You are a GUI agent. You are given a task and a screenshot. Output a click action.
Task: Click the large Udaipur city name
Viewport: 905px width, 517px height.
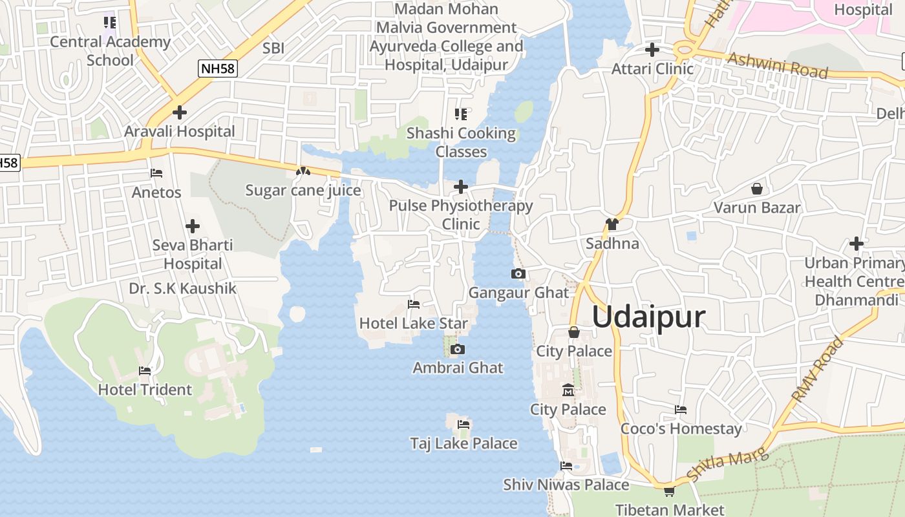648,317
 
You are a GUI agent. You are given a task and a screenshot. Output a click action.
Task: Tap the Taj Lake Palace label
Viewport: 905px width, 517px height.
463,443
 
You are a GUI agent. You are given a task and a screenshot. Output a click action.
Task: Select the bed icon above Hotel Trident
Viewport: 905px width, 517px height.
145,371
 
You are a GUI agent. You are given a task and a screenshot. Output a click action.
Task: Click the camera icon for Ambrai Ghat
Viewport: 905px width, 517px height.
458,350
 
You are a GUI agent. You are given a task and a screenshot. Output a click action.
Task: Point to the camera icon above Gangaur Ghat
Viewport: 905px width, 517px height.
518,274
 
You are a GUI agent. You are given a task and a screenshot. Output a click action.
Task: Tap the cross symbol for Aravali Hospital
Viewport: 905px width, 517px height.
180,112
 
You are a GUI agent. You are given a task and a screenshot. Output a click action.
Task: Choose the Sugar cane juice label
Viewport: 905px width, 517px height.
303,191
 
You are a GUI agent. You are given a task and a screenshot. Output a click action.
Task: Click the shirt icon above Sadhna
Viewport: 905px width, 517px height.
612,224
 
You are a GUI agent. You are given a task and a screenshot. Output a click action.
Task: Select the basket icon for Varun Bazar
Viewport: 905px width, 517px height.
756,189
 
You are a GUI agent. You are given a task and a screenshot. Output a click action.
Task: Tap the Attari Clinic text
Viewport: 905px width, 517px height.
652,69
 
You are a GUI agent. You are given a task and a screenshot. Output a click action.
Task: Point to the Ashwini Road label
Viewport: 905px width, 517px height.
778,65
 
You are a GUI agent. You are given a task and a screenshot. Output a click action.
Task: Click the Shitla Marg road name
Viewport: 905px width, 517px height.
727,465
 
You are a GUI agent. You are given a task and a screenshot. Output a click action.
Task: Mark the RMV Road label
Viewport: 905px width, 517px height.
818,370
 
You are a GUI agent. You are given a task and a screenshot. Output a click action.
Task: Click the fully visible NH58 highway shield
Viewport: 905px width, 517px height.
218,68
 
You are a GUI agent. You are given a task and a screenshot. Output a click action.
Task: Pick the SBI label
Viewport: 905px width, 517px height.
273,48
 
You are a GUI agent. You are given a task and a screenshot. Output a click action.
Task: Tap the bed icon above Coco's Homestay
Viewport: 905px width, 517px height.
680,410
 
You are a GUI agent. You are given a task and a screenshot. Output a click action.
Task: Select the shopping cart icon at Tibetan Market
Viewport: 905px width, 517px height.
669,492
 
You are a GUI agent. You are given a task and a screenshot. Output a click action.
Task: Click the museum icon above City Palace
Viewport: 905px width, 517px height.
568,390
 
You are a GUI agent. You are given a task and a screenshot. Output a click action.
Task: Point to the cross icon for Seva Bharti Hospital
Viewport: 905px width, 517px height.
193,226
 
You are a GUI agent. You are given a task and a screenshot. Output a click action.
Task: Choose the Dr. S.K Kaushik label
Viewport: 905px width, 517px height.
183,288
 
